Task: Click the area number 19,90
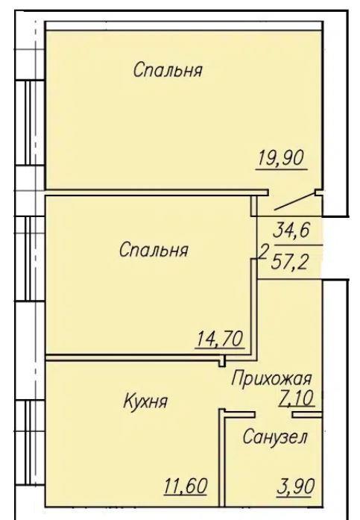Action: [x=281, y=158]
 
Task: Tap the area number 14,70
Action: [x=220, y=339]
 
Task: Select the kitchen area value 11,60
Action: [x=186, y=486]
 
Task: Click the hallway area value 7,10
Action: [x=296, y=398]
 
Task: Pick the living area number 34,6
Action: [x=291, y=230]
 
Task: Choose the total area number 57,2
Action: [x=289, y=263]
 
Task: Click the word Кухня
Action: [x=145, y=401]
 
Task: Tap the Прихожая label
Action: [x=271, y=378]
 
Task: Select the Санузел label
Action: [x=275, y=437]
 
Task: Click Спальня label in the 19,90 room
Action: [x=168, y=70]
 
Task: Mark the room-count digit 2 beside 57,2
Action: [x=263, y=253]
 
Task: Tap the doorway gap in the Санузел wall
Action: [x=274, y=414]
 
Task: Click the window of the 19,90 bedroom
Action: [x=31, y=122]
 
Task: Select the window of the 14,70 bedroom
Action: [x=31, y=258]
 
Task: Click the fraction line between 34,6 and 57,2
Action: [x=298, y=245]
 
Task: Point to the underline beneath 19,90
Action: [x=282, y=169]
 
